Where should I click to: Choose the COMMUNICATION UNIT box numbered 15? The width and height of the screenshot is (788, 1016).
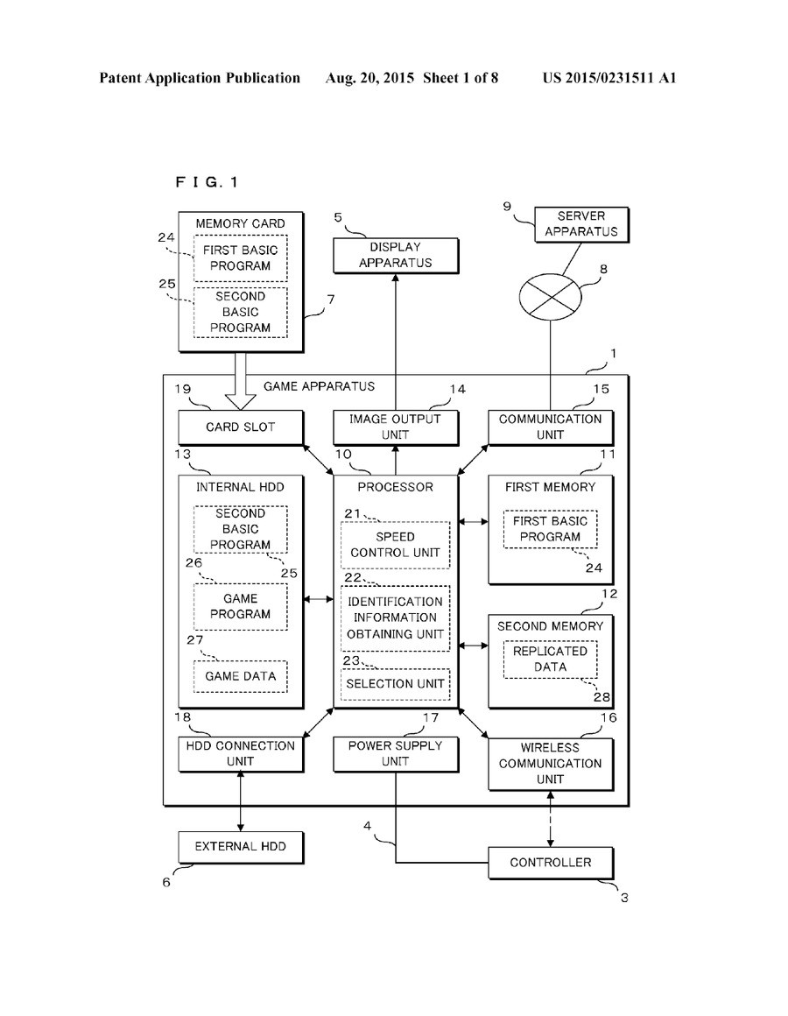click(551, 427)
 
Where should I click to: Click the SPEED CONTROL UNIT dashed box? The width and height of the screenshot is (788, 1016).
click(395, 545)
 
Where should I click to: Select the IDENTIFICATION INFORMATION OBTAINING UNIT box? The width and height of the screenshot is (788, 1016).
click(395, 617)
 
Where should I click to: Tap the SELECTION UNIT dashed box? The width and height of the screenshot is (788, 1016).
click(395, 683)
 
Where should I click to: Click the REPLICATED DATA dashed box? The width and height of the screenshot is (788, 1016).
click(551, 659)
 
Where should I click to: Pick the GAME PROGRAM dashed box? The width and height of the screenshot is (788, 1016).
click(240, 606)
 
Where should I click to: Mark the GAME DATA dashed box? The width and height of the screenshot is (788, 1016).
click(240, 676)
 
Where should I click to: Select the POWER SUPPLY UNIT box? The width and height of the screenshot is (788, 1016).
click(395, 754)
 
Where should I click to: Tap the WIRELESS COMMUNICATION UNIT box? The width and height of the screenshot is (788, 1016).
click(551, 763)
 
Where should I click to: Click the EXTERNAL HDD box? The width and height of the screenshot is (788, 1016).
click(240, 847)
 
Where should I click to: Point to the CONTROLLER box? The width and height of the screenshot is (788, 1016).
click(551, 863)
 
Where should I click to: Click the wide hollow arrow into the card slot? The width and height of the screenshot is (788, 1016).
click(240, 381)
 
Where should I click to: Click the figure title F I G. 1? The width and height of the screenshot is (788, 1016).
click(207, 182)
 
